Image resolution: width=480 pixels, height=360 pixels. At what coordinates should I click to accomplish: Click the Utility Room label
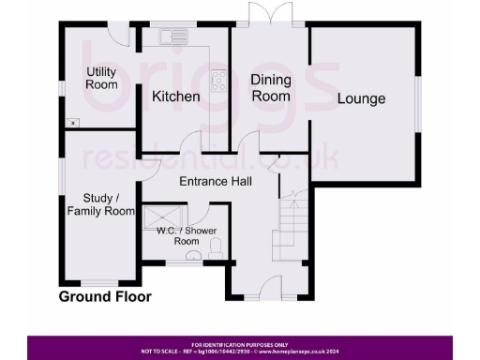coord(101,78)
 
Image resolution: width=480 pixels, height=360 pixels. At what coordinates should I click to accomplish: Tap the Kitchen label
coord(176,97)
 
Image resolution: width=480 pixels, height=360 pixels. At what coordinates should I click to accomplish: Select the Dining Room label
coord(269,89)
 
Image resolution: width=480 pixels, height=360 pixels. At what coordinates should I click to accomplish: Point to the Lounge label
coord(362,98)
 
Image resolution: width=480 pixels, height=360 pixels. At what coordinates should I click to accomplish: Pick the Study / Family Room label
coord(101,205)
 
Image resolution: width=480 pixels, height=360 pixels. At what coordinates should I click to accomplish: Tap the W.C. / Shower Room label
coord(186,235)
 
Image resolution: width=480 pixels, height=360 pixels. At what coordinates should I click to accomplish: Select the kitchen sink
coord(173,37)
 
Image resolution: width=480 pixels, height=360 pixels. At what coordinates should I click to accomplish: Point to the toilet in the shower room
coord(216,248)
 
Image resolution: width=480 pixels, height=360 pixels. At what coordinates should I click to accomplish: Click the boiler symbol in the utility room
coord(72,123)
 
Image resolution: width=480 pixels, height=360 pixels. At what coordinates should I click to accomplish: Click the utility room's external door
coord(119,33)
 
